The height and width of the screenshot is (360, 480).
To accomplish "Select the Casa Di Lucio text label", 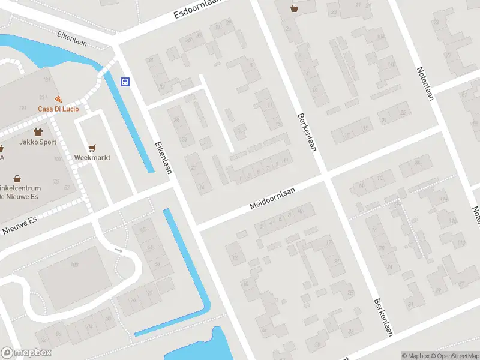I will pos(58,109).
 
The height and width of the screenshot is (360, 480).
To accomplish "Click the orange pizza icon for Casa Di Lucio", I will pos(58,99).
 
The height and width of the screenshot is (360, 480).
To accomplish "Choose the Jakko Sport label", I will pos(37,143).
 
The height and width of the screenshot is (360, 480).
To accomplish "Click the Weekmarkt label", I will pos(92,157).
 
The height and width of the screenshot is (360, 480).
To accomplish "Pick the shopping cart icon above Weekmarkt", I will pos(92,147).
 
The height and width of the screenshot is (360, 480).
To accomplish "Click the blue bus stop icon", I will pos(125,82).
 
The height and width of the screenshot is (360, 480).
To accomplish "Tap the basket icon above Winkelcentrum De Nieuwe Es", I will pos(17,178).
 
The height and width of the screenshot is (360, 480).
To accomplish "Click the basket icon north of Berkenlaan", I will pos(294,8).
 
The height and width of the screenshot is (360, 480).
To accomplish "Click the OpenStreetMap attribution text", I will pos(454,356).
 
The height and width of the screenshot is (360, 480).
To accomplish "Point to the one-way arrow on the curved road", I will pos(118,251).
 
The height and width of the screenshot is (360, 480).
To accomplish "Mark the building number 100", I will pos(74,265).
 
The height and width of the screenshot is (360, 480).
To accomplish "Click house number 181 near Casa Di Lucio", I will pos(47,80).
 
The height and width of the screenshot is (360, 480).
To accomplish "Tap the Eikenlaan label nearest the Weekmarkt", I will pos(163,158).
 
